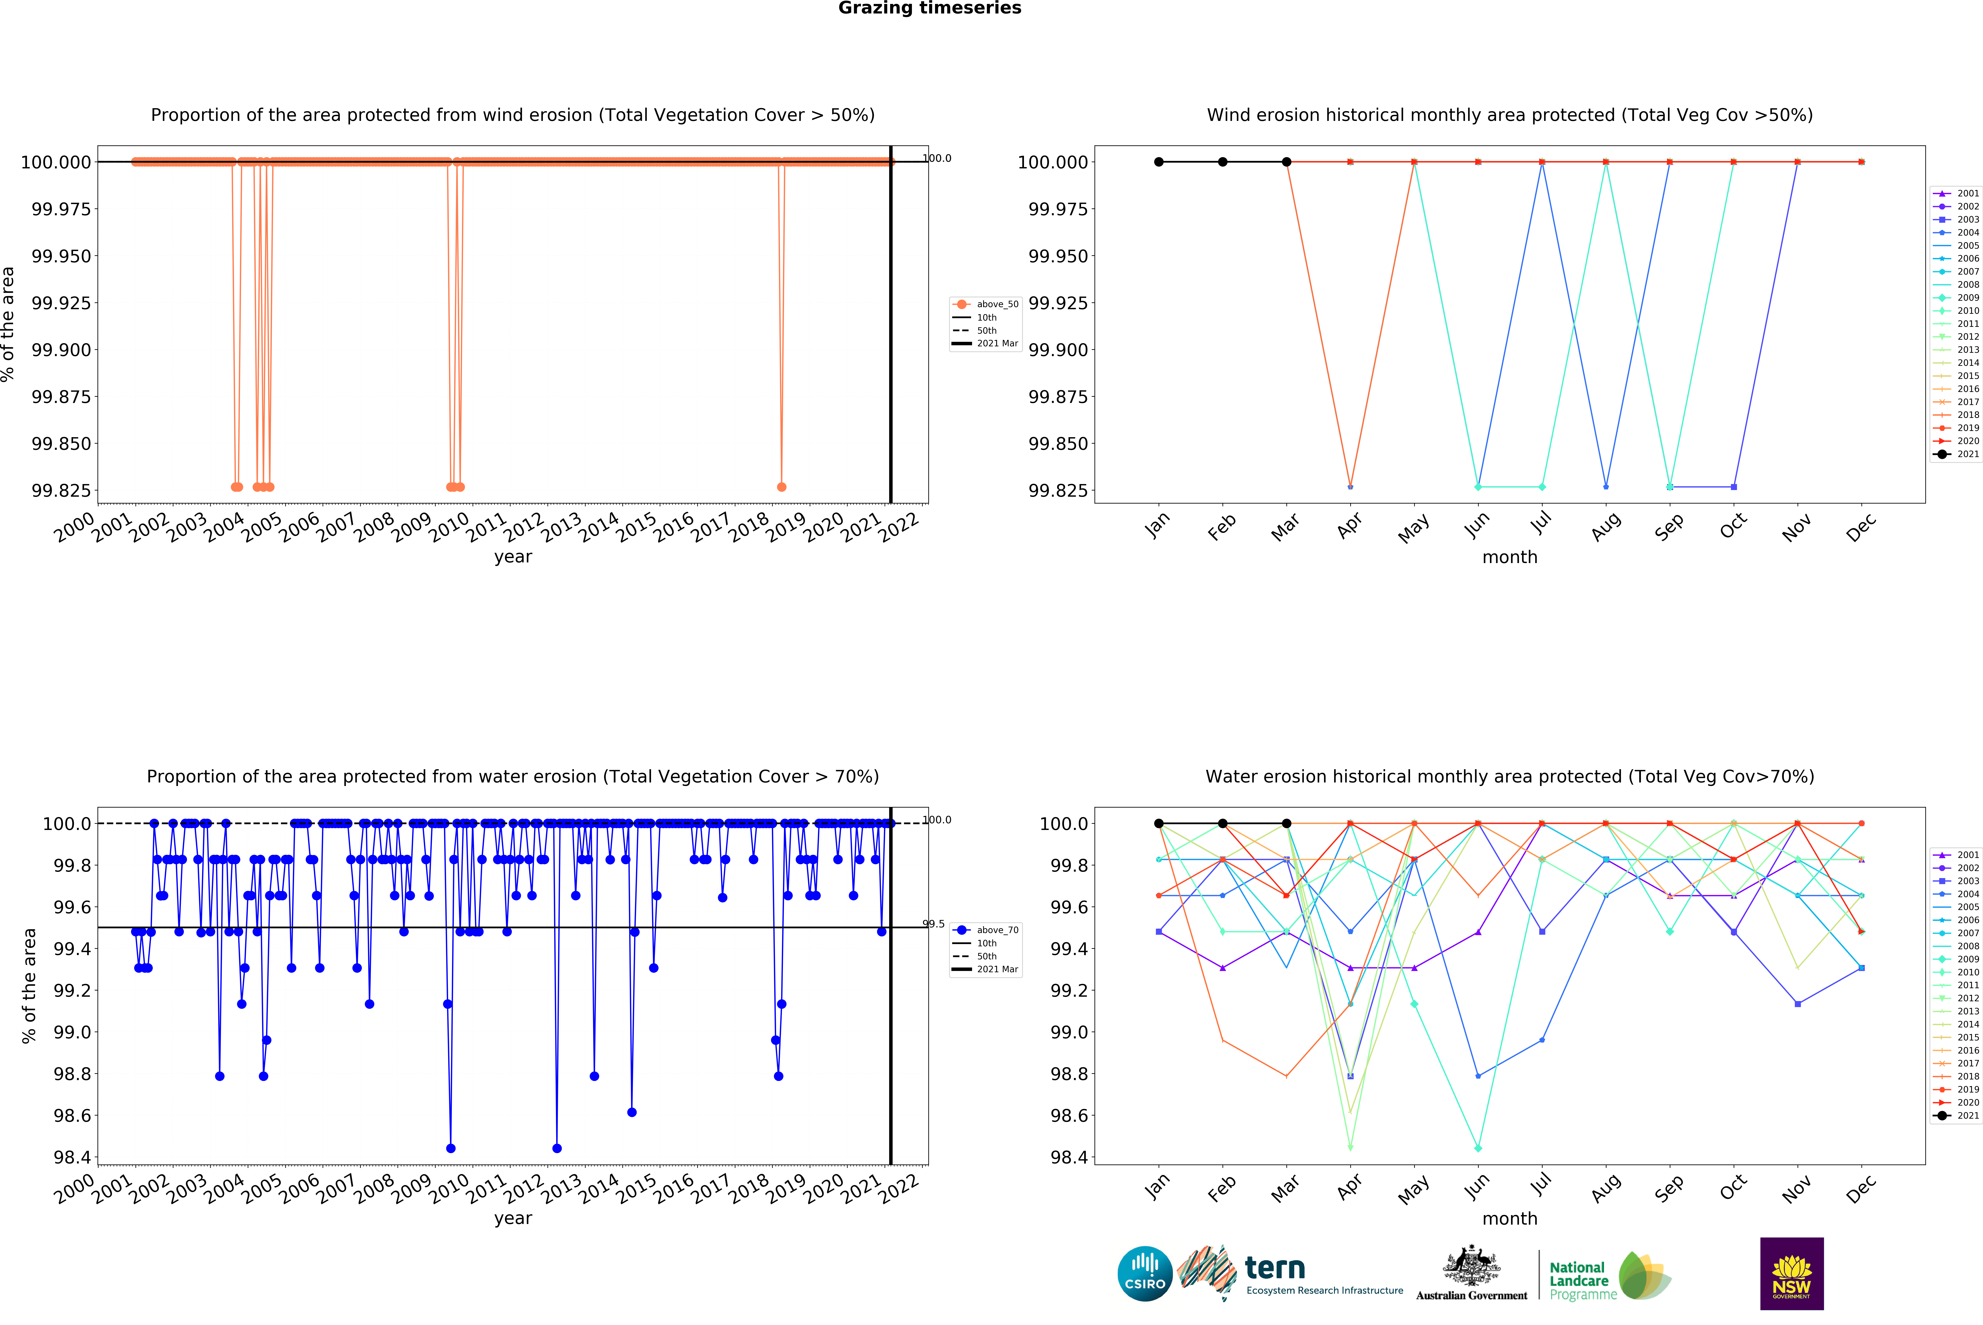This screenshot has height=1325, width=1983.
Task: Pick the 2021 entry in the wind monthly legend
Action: pos(1956,454)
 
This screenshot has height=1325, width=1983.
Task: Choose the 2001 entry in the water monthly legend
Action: pos(1956,854)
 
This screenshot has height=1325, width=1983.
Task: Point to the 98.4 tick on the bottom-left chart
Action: pos(72,1157)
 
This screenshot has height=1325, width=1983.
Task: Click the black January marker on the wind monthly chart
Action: pos(1159,161)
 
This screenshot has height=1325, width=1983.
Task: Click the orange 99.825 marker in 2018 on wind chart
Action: pos(781,487)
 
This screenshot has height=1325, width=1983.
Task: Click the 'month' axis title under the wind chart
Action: pos(1510,557)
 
